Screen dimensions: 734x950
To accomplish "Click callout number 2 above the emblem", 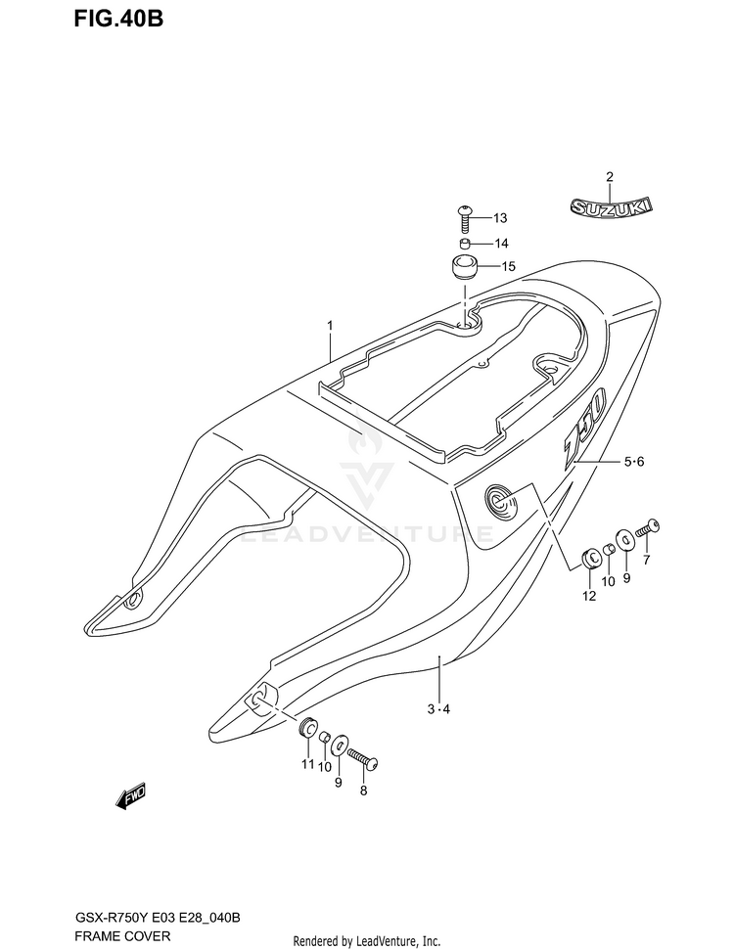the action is [x=609, y=177].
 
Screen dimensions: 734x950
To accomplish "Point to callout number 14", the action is [x=501, y=244].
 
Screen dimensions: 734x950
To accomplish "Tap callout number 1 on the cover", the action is [x=331, y=326].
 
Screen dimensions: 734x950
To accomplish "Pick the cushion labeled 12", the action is [x=591, y=559].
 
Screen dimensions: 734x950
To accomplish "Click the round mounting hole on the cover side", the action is [x=500, y=503].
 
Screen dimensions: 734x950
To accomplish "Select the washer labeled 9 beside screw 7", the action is [x=622, y=540].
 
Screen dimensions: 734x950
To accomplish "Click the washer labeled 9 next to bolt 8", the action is [x=338, y=746].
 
